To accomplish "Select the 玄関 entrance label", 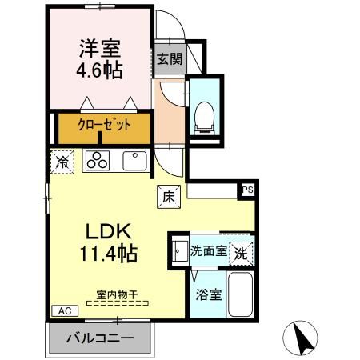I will coord(168,59).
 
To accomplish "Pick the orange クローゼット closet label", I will coord(102,125).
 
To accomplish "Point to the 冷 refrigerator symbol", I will coord(62,161).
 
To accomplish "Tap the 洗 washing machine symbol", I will coord(241,251).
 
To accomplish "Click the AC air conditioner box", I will coord(63,310).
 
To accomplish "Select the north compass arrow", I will coord(302,338).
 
